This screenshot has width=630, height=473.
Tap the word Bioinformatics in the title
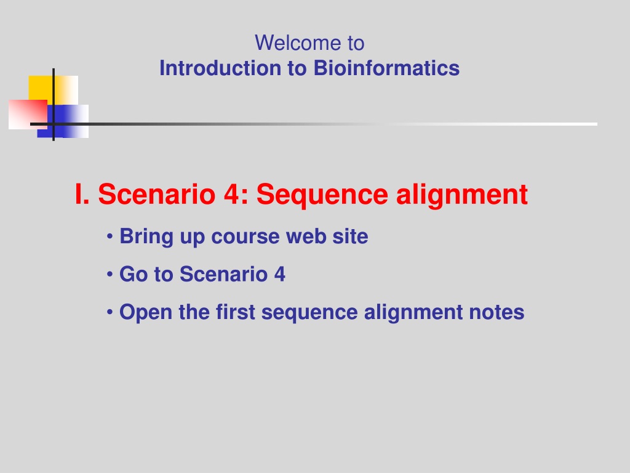click(x=386, y=68)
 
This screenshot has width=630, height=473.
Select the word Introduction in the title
click(x=220, y=68)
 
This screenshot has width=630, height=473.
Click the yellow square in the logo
click(x=53, y=90)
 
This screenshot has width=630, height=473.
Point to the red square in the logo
click(x=28, y=115)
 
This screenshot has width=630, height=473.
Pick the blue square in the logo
click(x=63, y=121)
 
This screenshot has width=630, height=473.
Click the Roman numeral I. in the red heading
click(x=82, y=194)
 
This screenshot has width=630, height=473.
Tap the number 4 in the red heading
click(x=232, y=194)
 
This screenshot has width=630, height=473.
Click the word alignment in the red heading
click(x=461, y=196)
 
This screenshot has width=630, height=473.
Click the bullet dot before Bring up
click(x=110, y=236)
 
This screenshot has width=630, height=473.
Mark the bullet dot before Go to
click(x=110, y=274)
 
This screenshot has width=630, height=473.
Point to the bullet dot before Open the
click(x=110, y=312)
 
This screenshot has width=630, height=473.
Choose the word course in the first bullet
click(x=245, y=236)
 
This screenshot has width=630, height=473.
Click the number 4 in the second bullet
click(x=280, y=274)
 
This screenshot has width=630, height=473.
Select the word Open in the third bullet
click(x=146, y=313)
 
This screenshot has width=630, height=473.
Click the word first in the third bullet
click(x=235, y=312)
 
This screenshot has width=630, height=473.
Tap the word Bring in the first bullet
click(x=146, y=237)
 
